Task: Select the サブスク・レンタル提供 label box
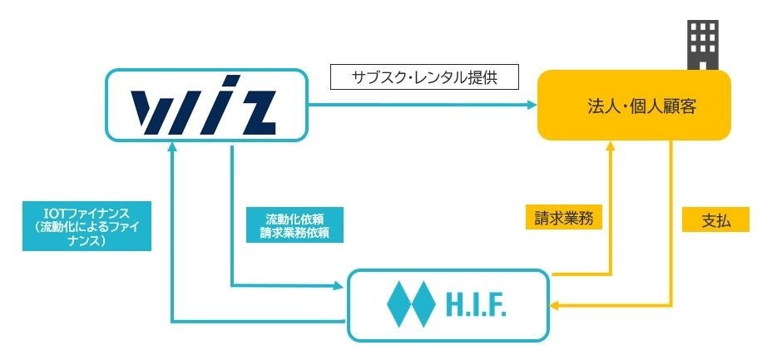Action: coord(424,77)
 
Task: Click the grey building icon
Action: coord(702,45)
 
